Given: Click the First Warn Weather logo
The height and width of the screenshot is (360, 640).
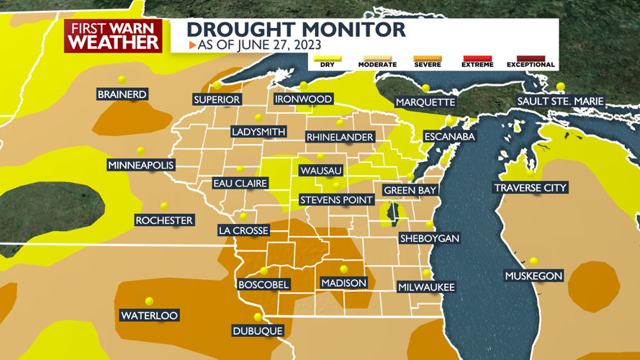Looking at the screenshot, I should (114, 36).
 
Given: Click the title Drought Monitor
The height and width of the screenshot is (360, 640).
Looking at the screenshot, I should (296, 30).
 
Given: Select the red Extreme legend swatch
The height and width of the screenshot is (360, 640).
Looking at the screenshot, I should (477, 59).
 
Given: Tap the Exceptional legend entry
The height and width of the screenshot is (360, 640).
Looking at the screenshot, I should (530, 61).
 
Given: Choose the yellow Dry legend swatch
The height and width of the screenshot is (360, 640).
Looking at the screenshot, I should (326, 59).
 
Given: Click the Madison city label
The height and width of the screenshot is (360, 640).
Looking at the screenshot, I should (343, 283).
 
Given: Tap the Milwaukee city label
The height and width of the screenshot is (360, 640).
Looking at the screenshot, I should (426, 287).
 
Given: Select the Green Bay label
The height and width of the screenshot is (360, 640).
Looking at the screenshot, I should (410, 190).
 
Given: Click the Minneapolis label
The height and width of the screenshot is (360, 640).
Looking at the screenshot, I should (141, 166).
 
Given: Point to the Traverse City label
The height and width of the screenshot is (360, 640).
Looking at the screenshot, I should (531, 188).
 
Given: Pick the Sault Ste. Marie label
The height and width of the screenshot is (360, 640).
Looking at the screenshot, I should (560, 102).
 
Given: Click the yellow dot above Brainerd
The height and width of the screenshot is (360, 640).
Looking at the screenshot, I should (122, 80).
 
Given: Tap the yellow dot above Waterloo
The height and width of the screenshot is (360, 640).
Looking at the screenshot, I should (149, 302).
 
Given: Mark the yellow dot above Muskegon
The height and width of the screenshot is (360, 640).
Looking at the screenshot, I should (533, 261).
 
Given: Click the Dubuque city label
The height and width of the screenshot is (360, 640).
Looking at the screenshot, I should (257, 331).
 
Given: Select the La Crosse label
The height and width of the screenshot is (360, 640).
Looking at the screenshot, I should (243, 230).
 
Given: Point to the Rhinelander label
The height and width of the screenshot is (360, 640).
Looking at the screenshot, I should (340, 137).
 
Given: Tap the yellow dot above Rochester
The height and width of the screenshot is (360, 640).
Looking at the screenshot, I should (164, 207).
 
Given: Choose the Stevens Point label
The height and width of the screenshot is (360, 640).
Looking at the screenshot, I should (336, 199).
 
